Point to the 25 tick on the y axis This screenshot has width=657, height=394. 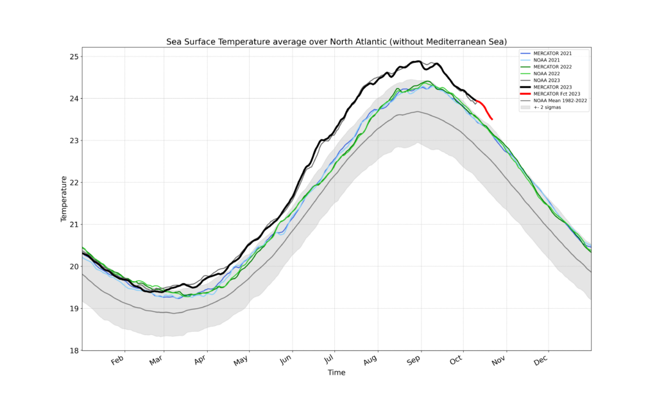[x=74, y=56]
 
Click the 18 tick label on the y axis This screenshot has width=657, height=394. [x=74, y=350]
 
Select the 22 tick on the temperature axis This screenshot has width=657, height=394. [x=74, y=182]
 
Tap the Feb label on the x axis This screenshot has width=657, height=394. [x=117, y=361]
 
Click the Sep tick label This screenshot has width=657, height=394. [x=414, y=361]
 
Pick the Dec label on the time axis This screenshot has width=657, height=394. [x=539, y=361]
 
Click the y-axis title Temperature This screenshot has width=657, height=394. [x=64, y=199]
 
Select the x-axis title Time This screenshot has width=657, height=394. [x=336, y=373]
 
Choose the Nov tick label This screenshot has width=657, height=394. [x=499, y=361]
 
